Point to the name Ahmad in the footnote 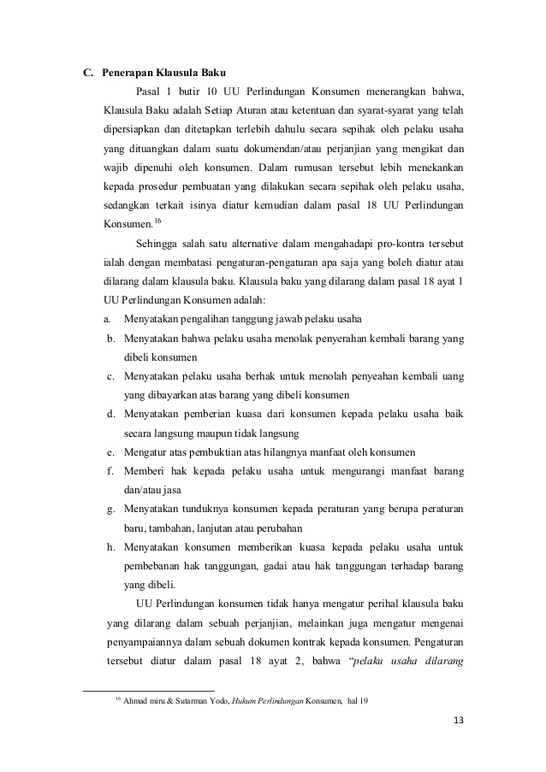tap(137, 702)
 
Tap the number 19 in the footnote tap(363, 702)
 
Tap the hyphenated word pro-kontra tap(401, 244)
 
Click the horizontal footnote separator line tap(147, 688)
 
